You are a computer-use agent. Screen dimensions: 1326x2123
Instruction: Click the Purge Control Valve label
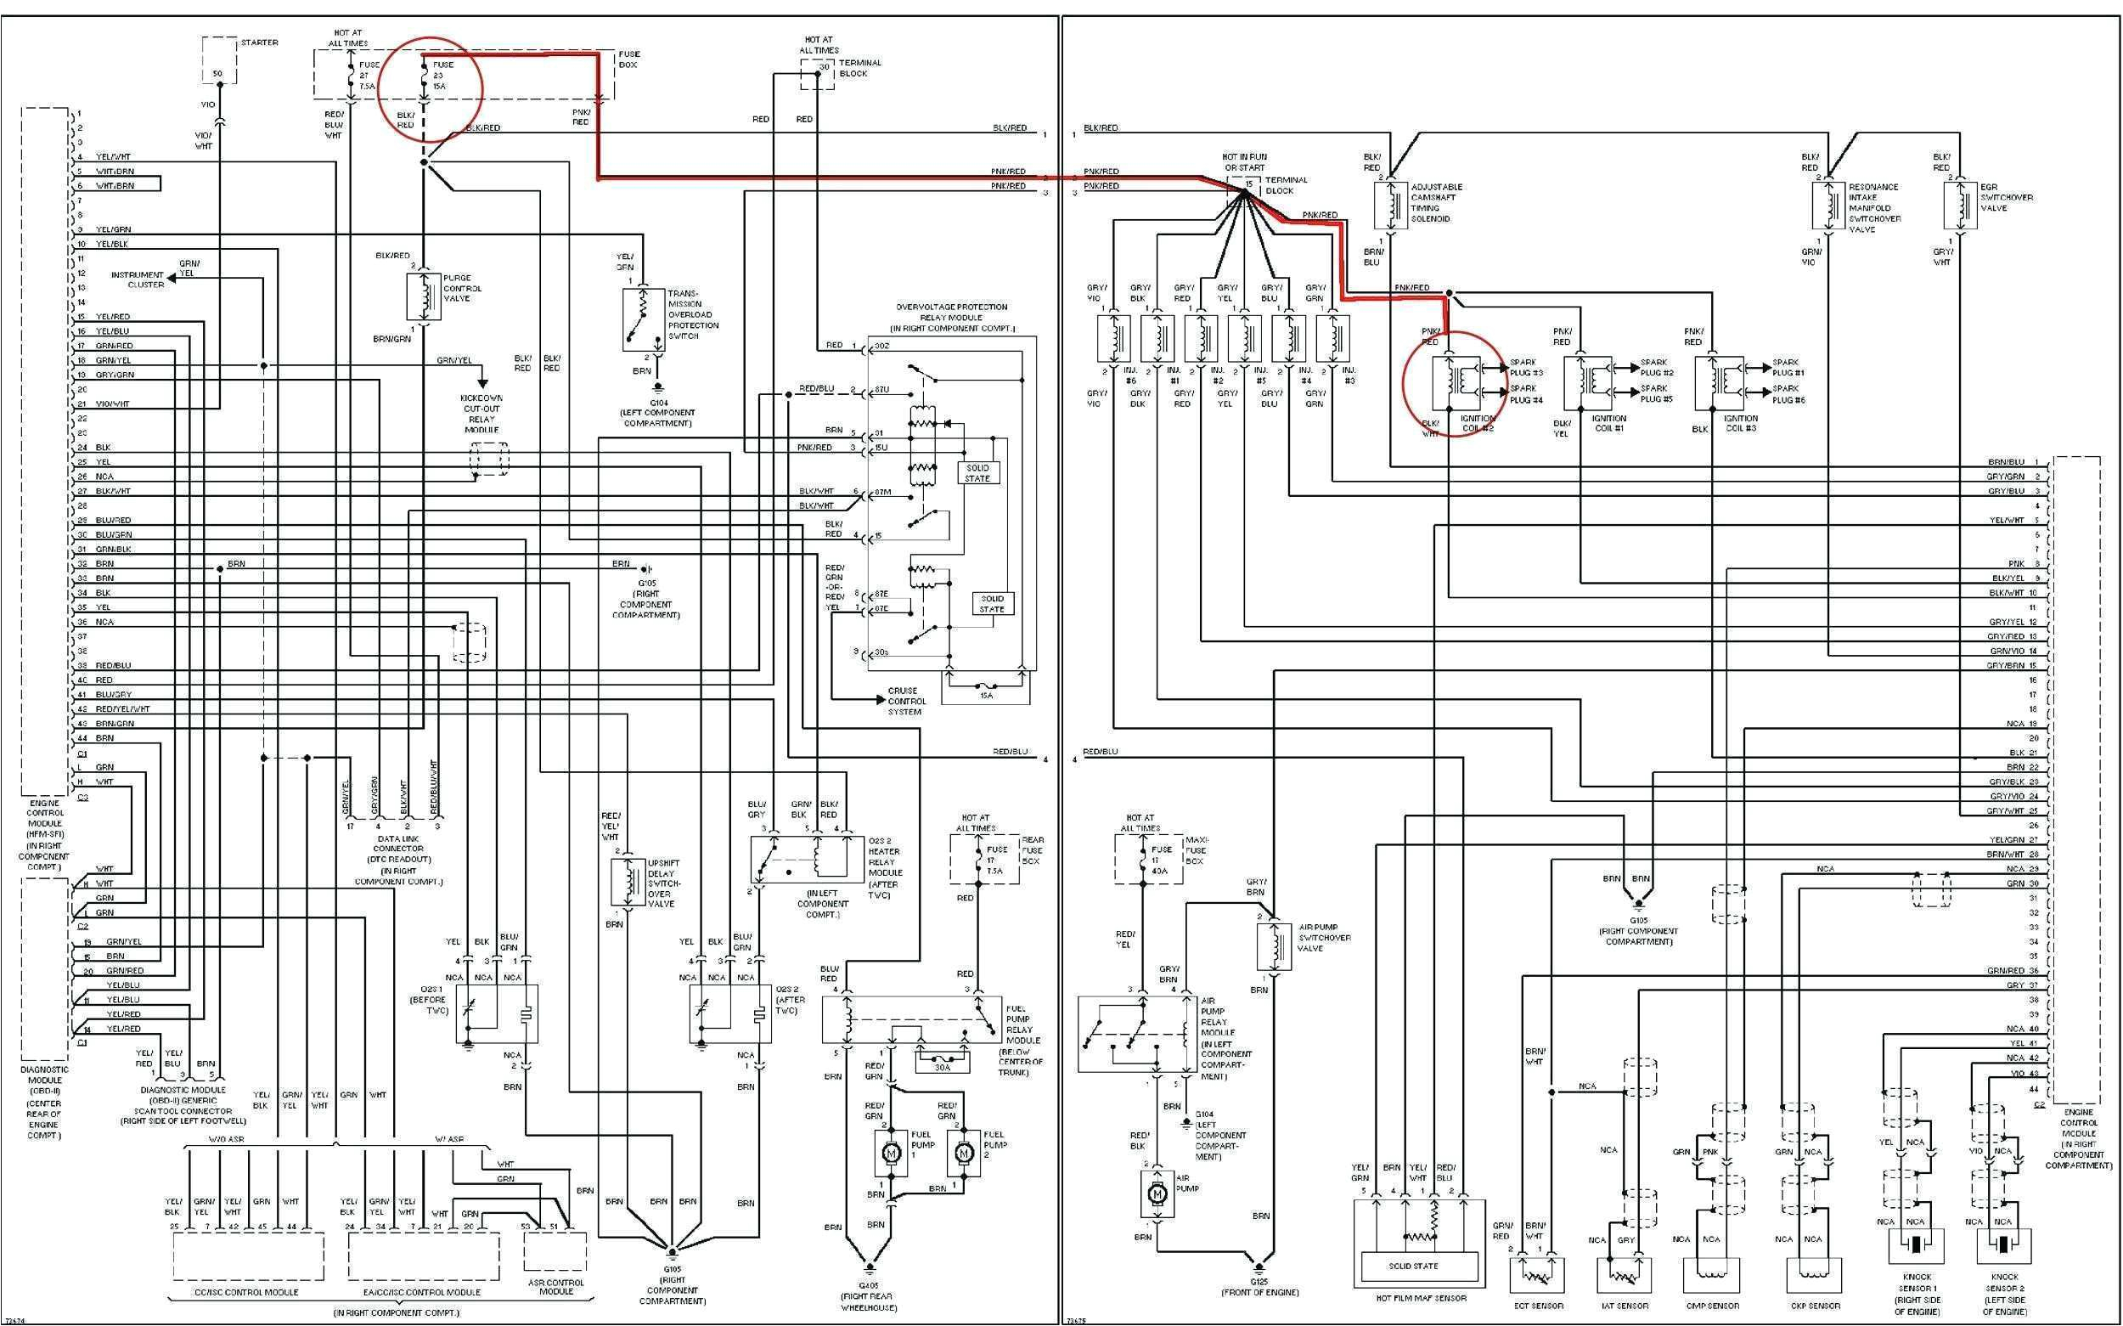tap(462, 289)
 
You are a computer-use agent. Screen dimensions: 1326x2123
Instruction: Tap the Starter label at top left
tap(260, 42)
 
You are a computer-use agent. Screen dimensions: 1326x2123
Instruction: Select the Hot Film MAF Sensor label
tap(1421, 1298)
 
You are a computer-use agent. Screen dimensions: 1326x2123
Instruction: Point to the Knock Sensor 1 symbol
tap(1916, 1245)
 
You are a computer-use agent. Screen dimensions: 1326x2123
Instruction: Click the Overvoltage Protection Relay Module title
tap(951, 318)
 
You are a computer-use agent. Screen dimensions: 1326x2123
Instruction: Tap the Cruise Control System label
tap(906, 702)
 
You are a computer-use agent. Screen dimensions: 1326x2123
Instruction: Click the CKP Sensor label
tap(1814, 1306)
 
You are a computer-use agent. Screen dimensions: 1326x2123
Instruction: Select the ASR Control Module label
tap(555, 1287)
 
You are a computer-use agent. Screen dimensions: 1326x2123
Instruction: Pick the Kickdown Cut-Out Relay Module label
tap(481, 414)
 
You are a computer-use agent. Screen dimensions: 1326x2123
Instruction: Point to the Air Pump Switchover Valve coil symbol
tap(1274, 945)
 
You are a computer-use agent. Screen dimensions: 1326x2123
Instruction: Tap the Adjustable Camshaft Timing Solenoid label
tap(1436, 202)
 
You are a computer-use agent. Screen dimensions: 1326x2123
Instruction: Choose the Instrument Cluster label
tap(138, 279)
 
